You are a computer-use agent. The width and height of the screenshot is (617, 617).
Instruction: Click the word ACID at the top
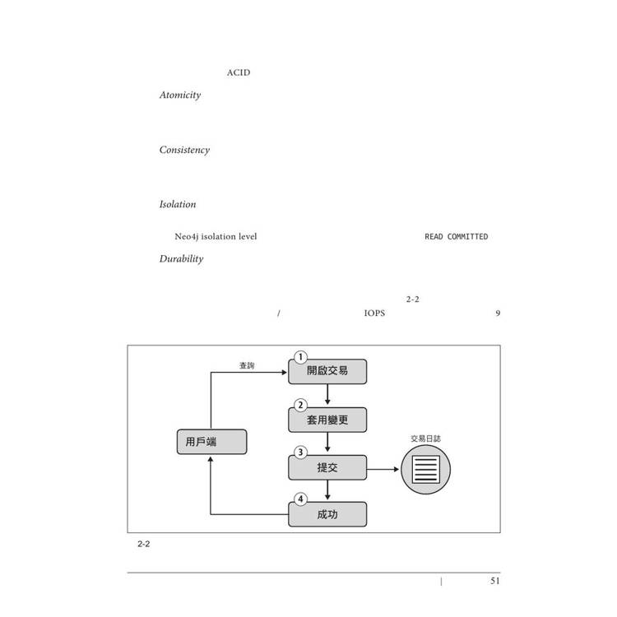(239, 73)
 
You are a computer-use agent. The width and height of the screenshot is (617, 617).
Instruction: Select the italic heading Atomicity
(180, 95)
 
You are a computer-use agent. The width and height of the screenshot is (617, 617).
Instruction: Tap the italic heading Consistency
(184, 150)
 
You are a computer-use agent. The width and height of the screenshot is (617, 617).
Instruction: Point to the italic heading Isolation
(178, 204)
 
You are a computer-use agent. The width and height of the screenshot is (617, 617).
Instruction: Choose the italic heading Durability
(181, 258)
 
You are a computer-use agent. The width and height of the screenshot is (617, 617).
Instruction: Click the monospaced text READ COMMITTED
(456, 237)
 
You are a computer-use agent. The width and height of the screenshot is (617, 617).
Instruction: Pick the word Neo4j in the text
(186, 237)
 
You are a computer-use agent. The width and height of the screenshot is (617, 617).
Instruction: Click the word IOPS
(374, 313)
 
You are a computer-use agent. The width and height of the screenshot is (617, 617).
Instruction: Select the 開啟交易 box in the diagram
(327, 371)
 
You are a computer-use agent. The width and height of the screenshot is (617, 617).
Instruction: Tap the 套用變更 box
(327, 420)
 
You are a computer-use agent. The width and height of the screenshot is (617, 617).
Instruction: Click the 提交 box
(327, 467)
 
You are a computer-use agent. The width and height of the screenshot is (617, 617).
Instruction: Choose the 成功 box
(327, 515)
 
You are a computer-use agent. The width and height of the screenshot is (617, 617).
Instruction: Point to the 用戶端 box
(211, 442)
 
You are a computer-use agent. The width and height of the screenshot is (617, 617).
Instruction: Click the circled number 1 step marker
(300, 357)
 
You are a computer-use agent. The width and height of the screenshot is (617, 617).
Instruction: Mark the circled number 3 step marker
(300, 452)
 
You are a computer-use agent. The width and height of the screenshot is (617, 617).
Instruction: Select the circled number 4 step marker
(300, 499)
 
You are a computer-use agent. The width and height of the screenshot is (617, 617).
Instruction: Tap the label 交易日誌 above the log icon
(425, 438)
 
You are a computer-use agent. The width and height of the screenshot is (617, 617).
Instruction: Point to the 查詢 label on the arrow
(247, 365)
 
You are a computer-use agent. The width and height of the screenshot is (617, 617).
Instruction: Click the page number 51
(494, 581)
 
